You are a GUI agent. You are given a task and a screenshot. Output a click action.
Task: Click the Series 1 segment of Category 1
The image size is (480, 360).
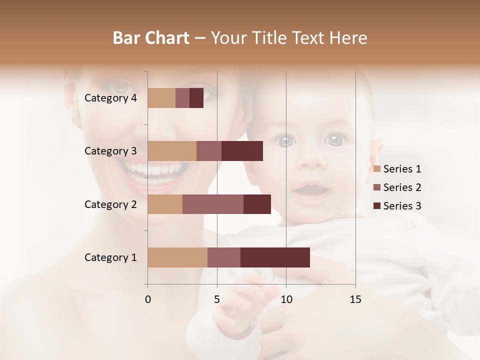177,257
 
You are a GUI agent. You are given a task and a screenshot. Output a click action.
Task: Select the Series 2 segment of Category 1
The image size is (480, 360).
224,257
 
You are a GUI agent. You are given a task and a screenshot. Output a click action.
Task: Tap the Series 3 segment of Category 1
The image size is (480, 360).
275,257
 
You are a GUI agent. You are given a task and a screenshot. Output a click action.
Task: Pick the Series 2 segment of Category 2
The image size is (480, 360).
213,204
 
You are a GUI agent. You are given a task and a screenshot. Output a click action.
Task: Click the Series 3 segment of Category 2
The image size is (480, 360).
257,204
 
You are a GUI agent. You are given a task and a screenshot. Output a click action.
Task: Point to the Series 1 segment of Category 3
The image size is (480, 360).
172,151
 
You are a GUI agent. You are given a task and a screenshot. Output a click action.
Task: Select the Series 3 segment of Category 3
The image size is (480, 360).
242,151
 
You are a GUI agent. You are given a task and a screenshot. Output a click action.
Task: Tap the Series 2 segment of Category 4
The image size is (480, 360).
182,98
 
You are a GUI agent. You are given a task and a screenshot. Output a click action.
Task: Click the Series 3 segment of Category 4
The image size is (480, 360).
196,98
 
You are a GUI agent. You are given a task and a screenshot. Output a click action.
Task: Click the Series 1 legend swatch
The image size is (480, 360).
376,169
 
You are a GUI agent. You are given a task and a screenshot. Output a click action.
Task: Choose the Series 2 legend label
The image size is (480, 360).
402,187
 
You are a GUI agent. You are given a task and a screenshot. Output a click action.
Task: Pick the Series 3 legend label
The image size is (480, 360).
402,205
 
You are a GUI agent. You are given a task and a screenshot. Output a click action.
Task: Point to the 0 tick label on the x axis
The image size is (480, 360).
147,299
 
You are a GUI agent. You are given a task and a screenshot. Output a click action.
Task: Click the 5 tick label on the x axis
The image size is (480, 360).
217,299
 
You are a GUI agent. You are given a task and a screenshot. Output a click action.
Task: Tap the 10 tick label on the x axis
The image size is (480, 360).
286,299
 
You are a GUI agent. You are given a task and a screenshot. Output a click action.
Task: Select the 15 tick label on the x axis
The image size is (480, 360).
355,299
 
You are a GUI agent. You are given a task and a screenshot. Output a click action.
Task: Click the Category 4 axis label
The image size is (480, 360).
110,98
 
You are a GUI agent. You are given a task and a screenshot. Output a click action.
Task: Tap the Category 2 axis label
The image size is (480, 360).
110,204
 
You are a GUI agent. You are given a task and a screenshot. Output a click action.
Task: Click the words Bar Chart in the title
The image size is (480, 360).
151,37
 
